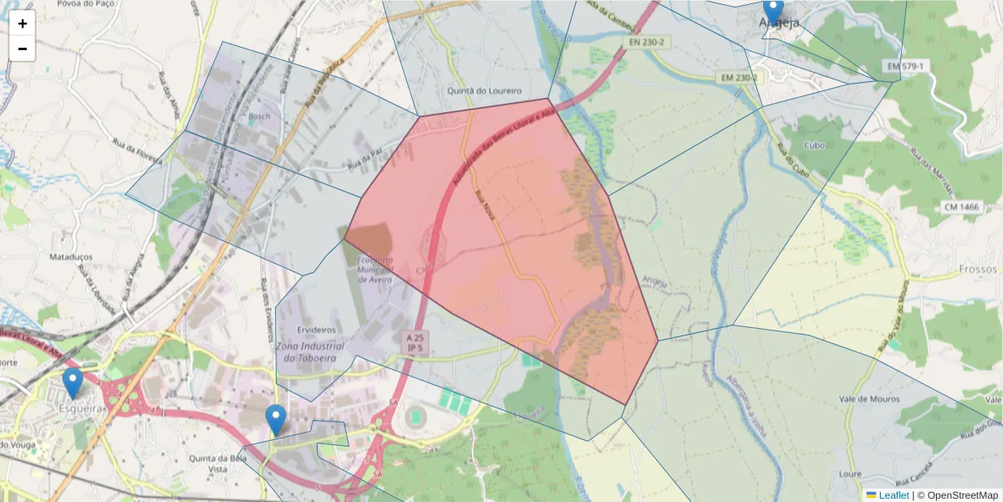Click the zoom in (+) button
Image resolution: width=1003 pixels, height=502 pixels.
pos(23,23)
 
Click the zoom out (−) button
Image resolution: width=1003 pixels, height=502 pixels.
pos(23,49)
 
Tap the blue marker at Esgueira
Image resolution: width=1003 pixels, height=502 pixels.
pos(73,383)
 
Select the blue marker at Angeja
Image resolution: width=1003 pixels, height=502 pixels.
pos(773,11)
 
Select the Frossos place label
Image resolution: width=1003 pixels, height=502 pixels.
pos(979,269)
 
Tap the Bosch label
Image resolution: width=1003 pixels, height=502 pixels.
pos(259,116)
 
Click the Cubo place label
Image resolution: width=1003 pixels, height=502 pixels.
pos(813,144)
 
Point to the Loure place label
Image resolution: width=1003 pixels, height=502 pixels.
pos(850,474)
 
